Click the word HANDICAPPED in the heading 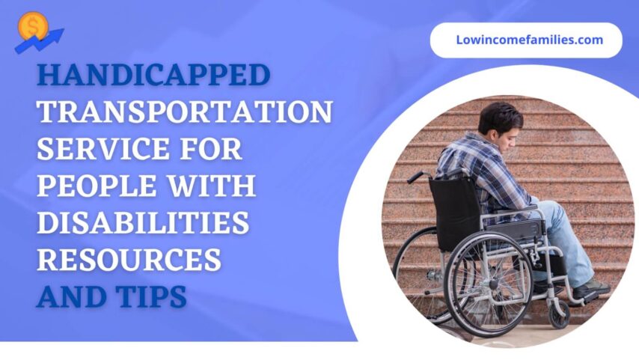[153, 75]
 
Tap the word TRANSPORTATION [185, 112]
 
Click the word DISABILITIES [143, 222]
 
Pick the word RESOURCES [129, 259]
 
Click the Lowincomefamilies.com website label [529, 40]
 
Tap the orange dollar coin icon [33, 27]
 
